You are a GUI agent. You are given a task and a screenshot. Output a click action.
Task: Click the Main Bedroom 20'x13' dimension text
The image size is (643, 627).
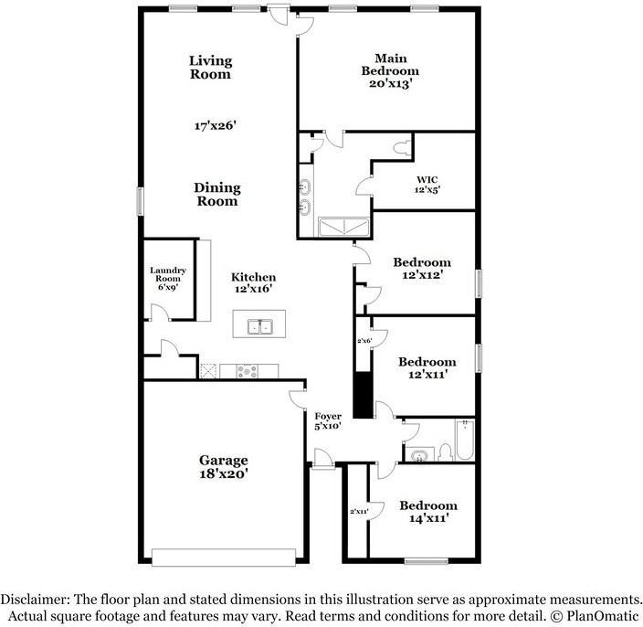pyautogui.click(x=390, y=84)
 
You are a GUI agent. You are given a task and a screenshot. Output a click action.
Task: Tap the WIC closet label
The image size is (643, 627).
pyautogui.click(x=427, y=179)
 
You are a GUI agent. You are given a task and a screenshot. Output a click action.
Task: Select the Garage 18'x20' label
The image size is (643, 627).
pyautogui.click(x=224, y=467)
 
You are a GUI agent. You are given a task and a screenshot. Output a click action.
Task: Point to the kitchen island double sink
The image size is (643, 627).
pyautogui.click(x=260, y=327)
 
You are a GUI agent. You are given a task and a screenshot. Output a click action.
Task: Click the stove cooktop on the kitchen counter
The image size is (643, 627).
pyautogui.click(x=248, y=371)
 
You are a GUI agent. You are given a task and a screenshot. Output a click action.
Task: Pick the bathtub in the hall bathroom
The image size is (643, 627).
pyautogui.click(x=465, y=440)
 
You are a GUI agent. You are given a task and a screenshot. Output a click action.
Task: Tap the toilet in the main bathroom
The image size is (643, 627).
pyautogui.click(x=402, y=148)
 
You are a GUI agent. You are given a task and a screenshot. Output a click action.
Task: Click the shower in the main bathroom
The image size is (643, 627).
pyautogui.click(x=344, y=227)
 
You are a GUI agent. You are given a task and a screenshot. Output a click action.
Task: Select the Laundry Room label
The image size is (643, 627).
pyautogui.click(x=168, y=274)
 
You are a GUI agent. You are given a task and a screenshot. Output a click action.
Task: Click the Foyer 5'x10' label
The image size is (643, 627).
pyautogui.click(x=328, y=421)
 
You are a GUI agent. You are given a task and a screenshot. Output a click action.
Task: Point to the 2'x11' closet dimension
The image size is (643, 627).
pyautogui.click(x=359, y=512)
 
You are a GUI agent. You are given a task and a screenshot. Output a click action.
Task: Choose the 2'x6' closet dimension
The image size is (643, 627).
pyautogui.click(x=364, y=341)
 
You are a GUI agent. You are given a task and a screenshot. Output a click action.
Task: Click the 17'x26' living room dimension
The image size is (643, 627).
pyautogui.click(x=216, y=125)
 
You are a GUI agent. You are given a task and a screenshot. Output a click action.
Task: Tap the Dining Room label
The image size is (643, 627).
pyautogui.click(x=217, y=194)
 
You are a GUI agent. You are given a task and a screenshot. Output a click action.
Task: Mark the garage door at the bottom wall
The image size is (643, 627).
pyautogui.click(x=224, y=558)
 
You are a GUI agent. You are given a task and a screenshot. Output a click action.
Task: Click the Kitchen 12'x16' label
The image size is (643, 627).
pyautogui.click(x=253, y=282)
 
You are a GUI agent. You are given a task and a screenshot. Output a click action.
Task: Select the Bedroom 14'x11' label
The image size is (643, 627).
pyautogui.click(x=428, y=512)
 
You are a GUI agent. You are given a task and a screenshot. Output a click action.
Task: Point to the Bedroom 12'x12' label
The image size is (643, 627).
pyautogui.click(x=422, y=269)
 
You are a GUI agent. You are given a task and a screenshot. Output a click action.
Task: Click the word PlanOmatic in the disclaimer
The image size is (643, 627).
pyautogui.click(x=603, y=615)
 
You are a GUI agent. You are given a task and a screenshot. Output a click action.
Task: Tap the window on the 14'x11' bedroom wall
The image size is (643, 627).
pyautogui.click(x=426, y=561)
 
